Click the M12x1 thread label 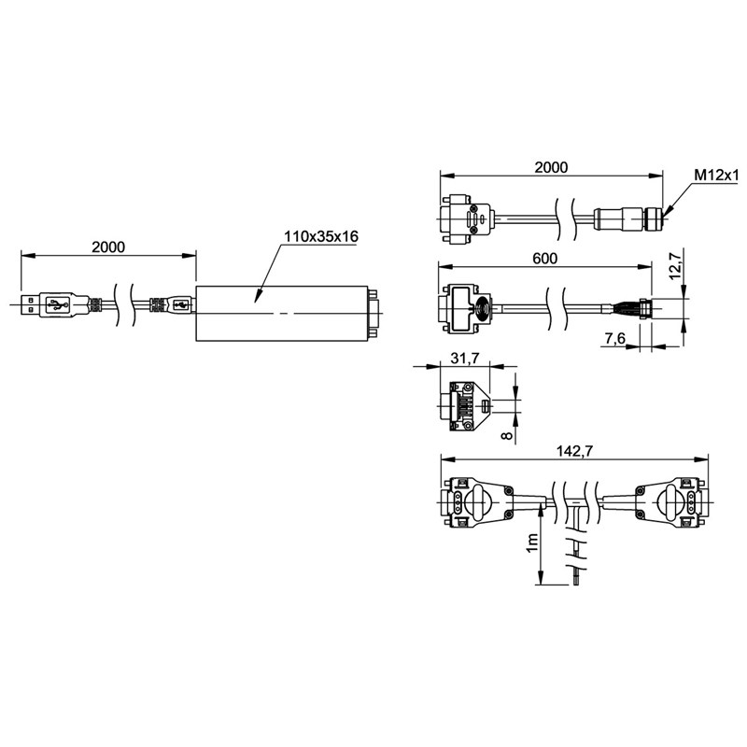715,176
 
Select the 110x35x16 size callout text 321,236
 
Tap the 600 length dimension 544,259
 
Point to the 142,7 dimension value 575,451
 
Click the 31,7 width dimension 465,359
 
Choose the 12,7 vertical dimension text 676,265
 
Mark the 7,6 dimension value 614,339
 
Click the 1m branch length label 532,543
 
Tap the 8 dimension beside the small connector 508,435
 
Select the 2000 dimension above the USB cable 108,247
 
